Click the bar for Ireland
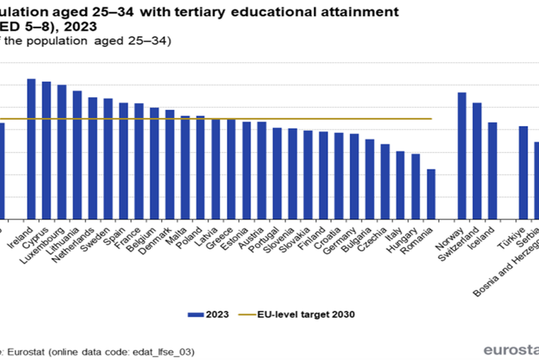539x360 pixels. click(31, 148)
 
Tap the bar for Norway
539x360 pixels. click(462, 155)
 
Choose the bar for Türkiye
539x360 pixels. click(523, 172)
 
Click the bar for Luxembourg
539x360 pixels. click(62, 152)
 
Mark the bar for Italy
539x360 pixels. click(400, 185)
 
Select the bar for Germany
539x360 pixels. click(354, 176)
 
